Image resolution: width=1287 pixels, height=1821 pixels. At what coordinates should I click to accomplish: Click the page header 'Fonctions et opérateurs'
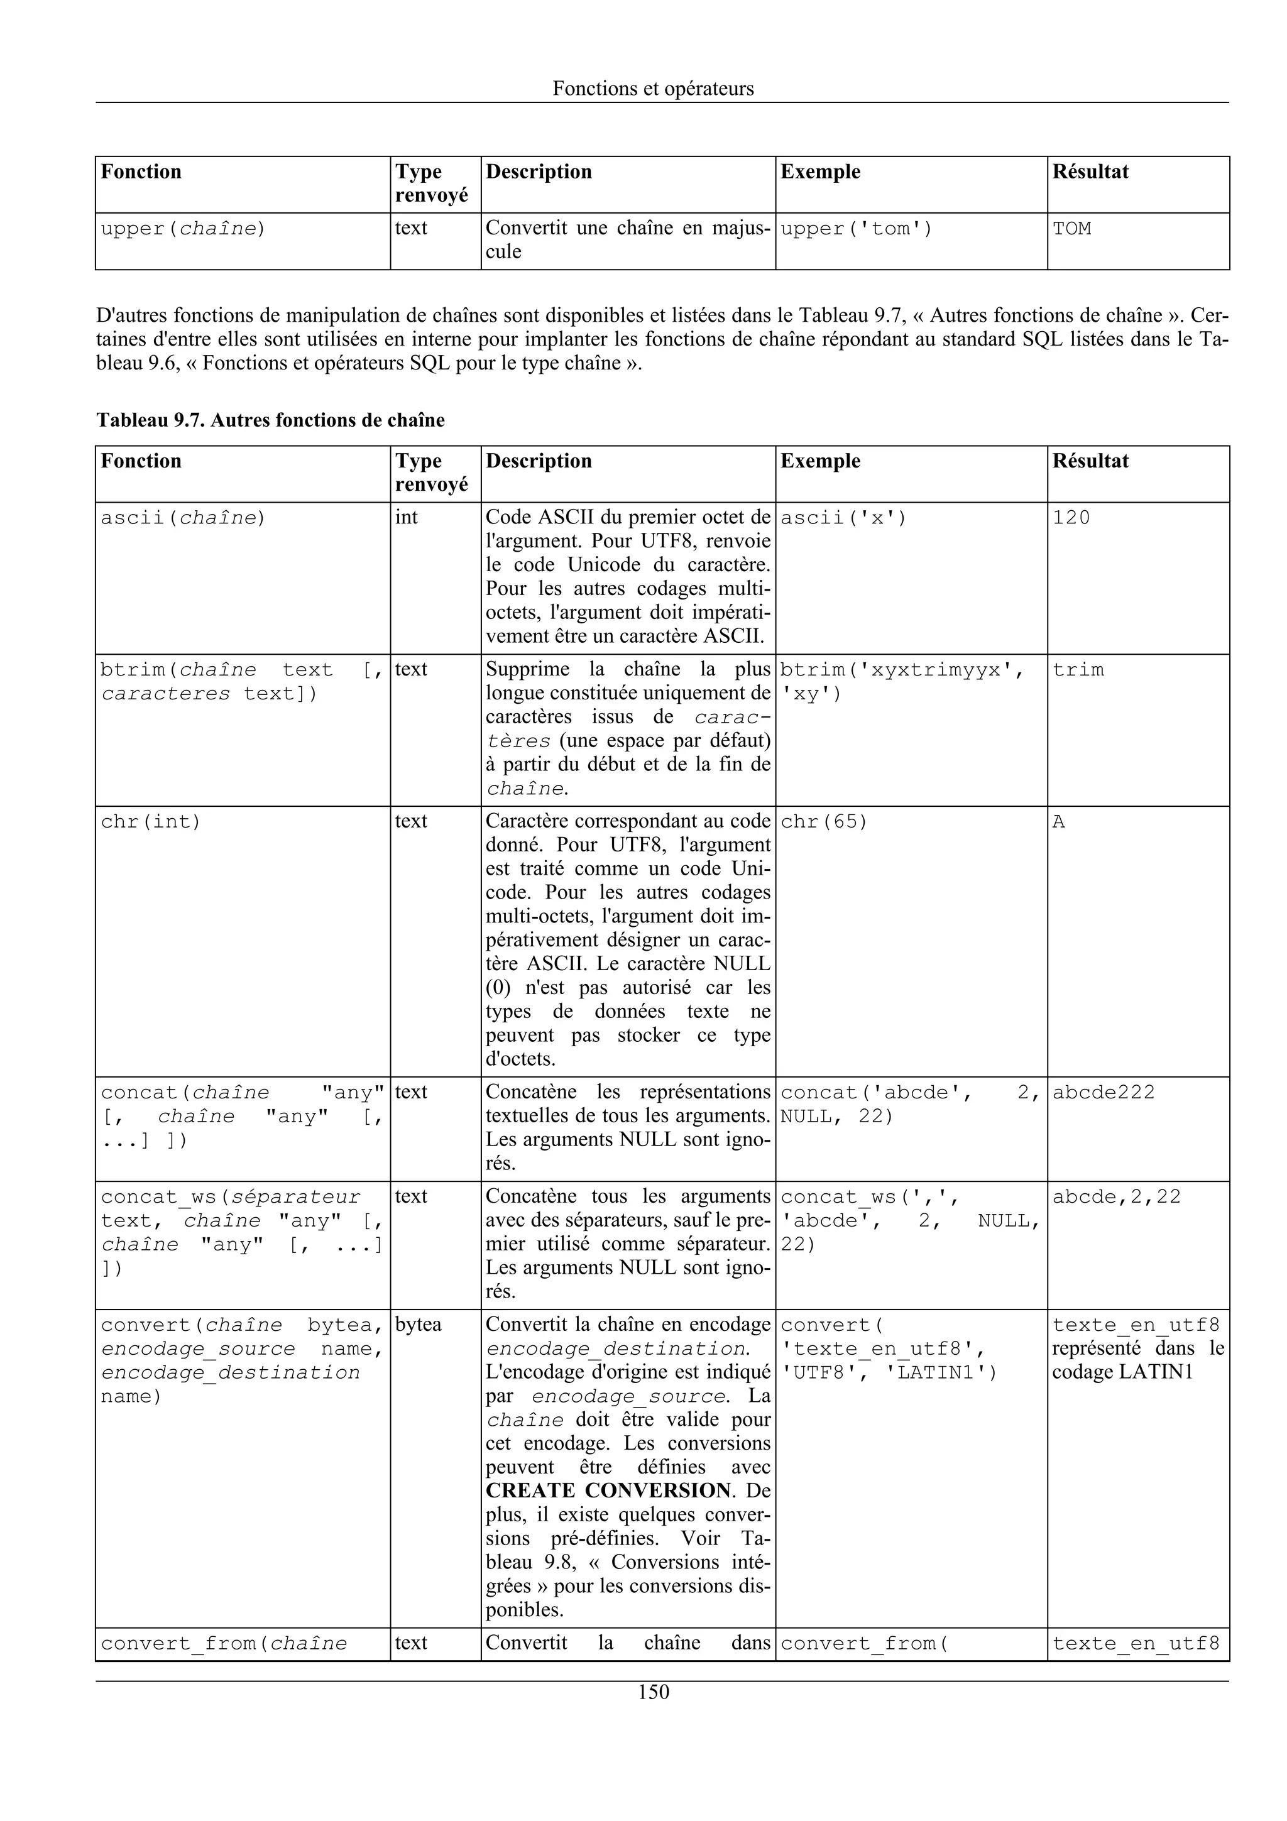coord(653,89)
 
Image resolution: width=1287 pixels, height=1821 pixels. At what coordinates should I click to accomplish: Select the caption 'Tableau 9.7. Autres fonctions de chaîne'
coord(270,420)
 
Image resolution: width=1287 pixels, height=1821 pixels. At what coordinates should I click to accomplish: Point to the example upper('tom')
coord(857,229)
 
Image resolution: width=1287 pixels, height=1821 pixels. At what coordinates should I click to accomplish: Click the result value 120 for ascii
coord(1071,518)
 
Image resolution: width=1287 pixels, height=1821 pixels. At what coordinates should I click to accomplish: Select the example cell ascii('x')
coord(843,518)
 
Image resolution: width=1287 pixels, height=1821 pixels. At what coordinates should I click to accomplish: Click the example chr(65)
coord(824,822)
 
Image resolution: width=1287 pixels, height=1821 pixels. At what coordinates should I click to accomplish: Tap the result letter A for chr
coord(1059,822)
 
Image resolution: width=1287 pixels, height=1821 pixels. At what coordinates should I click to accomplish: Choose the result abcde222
coord(1103,1092)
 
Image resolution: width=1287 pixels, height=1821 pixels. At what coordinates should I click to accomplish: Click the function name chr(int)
coord(151,822)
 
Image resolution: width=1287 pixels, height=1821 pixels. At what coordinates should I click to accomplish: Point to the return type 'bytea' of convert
coord(418,1325)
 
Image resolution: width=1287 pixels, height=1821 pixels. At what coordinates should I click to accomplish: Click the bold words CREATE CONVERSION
coord(608,1490)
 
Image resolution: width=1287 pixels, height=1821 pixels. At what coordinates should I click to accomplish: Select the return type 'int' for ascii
coord(406,518)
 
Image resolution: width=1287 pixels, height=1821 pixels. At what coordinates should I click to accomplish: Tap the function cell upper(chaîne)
coord(183,229)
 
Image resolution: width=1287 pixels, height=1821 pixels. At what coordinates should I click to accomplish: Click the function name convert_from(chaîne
coord(224,1643)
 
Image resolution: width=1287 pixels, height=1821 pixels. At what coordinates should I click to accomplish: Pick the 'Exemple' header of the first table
coord(820,172)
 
